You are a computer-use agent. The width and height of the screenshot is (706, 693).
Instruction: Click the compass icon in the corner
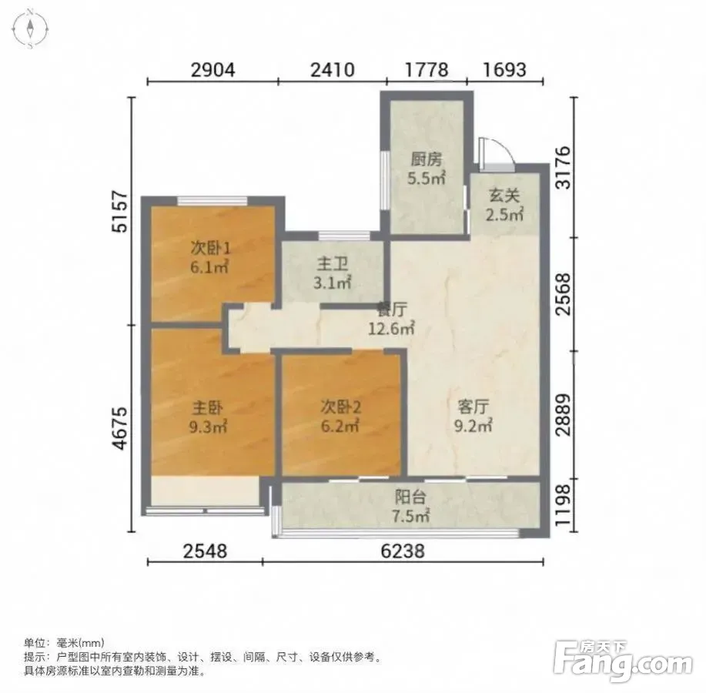[30, 28]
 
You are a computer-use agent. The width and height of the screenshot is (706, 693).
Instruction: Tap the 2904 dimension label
[213, 70]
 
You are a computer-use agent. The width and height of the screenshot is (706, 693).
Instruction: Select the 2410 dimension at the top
[333, 70]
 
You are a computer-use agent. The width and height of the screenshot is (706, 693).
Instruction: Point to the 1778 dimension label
[427, 70]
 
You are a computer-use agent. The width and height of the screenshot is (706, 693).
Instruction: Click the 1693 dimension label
[504, 70]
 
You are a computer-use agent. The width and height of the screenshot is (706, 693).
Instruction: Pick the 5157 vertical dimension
[120, 212]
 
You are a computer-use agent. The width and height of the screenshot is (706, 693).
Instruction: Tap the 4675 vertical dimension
[120, 429]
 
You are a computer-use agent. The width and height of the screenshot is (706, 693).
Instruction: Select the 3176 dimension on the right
[563, 168]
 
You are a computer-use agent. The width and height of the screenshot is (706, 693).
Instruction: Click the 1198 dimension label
[563, 505]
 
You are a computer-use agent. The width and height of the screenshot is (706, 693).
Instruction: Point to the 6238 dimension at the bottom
[403, 551]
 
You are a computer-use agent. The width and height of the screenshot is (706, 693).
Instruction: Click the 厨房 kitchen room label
[426, 159]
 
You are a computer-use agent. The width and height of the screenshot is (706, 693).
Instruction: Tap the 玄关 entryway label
[504, 196]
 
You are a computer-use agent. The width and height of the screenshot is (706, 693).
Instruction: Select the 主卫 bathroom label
[333, 263]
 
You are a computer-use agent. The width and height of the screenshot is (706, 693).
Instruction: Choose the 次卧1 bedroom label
[211, 248]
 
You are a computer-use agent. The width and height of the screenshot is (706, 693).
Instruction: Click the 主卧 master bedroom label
[208, 408]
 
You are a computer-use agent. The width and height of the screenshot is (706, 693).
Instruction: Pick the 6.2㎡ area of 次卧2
[340, 426]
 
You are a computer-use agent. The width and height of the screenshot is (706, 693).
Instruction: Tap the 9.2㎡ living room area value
[473, 426]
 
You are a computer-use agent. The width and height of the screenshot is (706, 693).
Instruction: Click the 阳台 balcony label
[410, 497]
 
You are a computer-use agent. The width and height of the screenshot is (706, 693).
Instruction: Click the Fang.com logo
[623, 661]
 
